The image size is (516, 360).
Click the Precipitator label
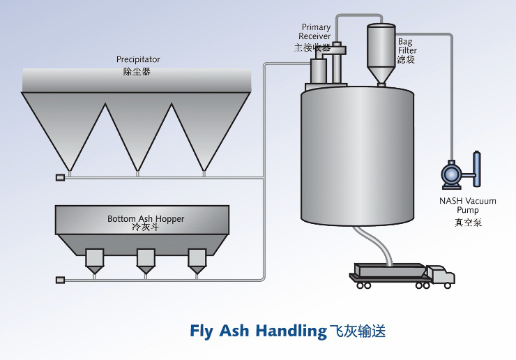point(138,60)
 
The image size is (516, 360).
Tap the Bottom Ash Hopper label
point(146,218)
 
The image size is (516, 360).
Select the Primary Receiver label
point(316,32)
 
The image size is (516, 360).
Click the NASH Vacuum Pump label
point(467,205)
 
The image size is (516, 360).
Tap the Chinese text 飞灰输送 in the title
point(357,331)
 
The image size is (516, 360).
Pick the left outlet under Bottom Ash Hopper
point(94,260)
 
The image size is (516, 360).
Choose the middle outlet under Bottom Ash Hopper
point(146,260)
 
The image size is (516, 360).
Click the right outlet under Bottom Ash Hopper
point(197,260)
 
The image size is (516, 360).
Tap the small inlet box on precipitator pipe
point(60,177)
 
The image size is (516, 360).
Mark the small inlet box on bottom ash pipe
point(60,280)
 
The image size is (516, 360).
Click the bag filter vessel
point(381,52)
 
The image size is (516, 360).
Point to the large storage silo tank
point(357,153)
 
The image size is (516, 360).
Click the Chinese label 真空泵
point(467,223)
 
